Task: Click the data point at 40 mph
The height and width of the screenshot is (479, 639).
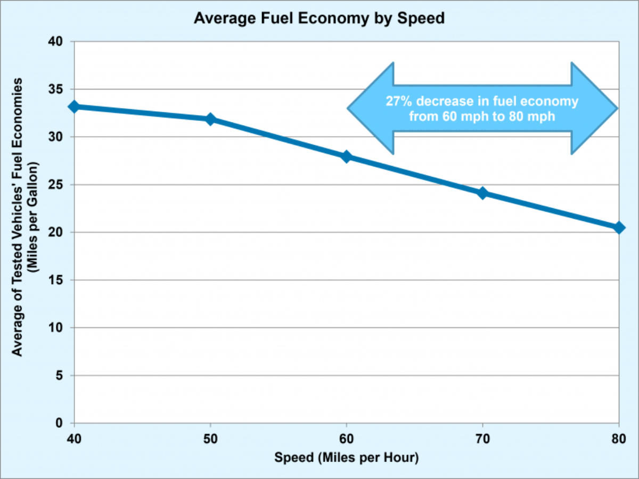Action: tap(75, 106)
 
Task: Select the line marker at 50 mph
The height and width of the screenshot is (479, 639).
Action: tap(210, 119)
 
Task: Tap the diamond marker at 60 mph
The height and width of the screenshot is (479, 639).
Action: tap(347, 156)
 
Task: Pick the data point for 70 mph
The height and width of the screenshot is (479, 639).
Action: tap(482, 193)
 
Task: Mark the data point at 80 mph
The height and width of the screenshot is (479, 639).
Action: tap(619, 227)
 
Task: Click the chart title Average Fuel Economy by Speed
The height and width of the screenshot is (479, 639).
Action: tap(319, 19)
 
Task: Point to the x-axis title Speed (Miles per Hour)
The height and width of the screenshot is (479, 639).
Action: tap(347, 457)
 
